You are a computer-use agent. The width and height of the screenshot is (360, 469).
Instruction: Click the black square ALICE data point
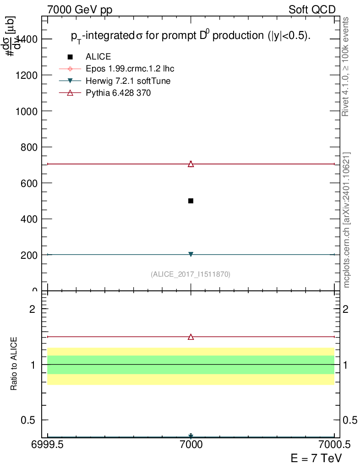pyautogui.click(x=191, y=201)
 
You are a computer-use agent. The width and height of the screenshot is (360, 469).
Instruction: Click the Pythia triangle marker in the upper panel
pyautogui.click(x=191, y=164)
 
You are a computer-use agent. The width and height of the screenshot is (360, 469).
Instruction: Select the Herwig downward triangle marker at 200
pyautogui.click(x=191, y=254)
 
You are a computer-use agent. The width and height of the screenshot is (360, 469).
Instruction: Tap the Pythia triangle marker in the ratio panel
pyautogui.click(x=191, y=337)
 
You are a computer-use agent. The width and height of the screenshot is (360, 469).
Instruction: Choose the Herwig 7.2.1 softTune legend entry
pyautogui.click(x=128, y=81)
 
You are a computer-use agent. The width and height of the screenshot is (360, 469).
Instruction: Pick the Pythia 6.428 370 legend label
pyautogui.click(x=118, y=93)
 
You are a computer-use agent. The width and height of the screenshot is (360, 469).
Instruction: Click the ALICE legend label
pyautogui.click(x=98, y=57)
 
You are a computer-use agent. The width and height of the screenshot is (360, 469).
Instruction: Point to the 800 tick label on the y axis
pyautogui.click(x=29, y=147)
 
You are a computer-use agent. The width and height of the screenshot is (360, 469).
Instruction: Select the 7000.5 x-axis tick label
pyautogui.click(x=334, y=444)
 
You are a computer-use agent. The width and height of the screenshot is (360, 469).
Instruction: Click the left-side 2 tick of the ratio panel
pyautogui.click(x=33, y=309)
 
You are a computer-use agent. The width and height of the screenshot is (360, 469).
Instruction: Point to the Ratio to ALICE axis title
pyautogui.click(x=14, y=365)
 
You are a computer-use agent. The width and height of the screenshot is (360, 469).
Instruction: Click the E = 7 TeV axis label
pyautogui.click(x=316, y=458)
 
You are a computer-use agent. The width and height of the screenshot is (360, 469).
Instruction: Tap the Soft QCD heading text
pyautogui.click(x=312, y=10)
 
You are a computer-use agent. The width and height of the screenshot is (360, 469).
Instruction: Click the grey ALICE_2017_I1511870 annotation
pyautogui.click(x=191, y=274)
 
